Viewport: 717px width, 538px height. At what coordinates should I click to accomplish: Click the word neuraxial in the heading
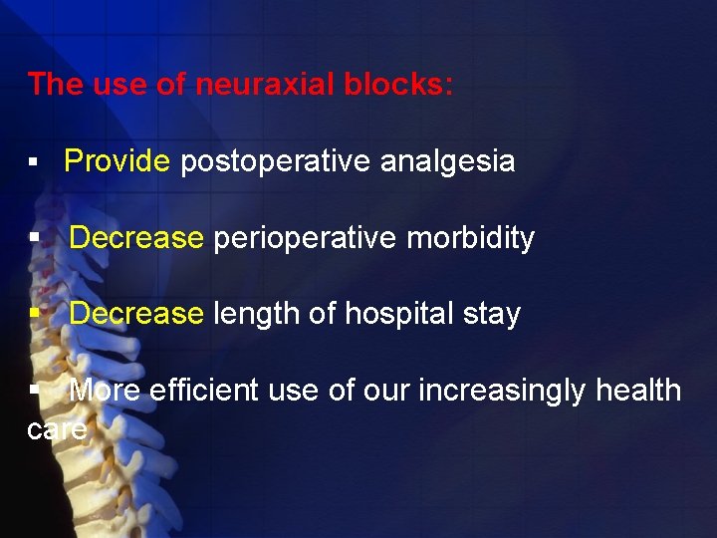click(253, 85)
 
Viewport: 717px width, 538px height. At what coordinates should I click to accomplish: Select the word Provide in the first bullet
click(118, 161)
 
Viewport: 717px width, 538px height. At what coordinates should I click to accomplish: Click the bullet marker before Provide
click(34, 162)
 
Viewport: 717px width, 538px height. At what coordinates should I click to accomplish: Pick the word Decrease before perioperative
click(136, 238)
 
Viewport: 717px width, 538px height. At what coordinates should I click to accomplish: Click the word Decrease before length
click(136, 314)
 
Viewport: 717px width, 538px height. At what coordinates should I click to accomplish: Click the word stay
click(493, 315)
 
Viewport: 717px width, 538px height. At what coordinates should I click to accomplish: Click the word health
click(638, 391)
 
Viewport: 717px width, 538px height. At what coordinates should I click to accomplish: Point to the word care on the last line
click(59, 429)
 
